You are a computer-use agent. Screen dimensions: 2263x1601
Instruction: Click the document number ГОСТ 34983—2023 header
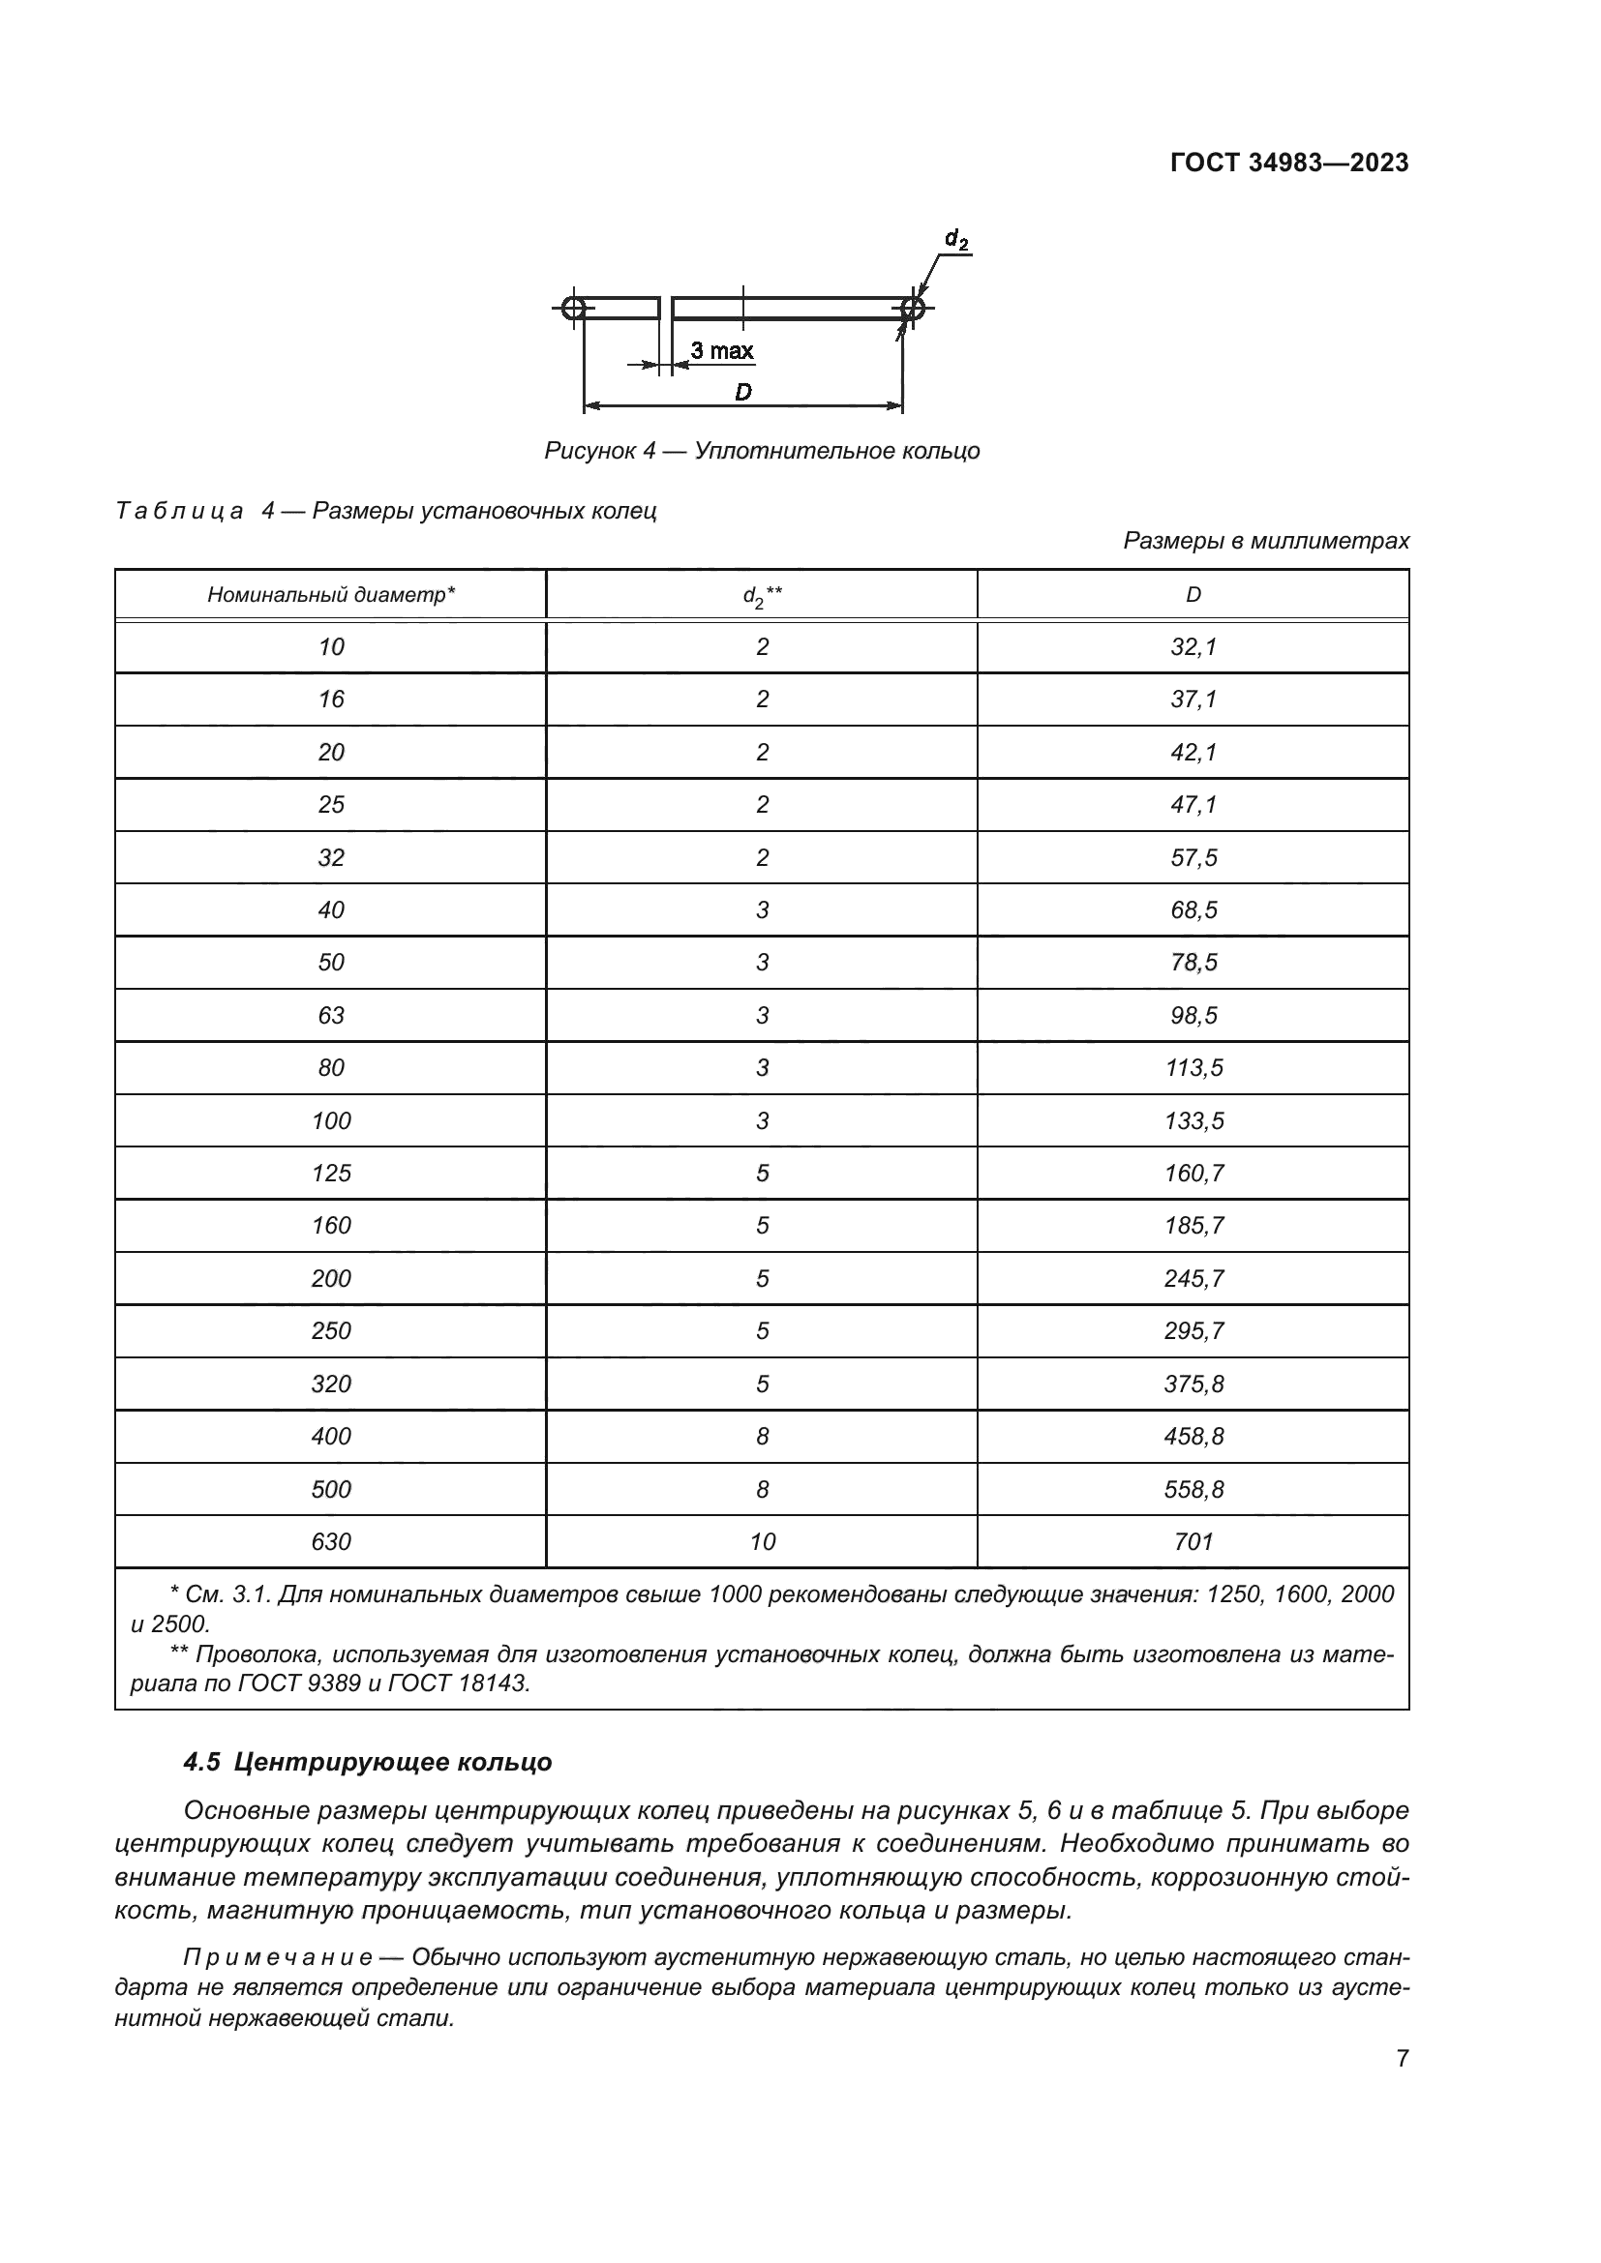[x=1288, y=163]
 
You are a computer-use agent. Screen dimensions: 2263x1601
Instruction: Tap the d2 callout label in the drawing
[x=955, y=239]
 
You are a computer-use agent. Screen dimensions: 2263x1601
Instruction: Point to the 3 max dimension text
[x=721, y=351]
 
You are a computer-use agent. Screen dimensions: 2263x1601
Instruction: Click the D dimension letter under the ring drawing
[x=742, y=392]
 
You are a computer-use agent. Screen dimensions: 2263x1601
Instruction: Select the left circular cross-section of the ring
[x=573, y=309]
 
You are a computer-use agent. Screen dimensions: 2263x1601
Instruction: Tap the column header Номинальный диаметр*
[x=330, y=594]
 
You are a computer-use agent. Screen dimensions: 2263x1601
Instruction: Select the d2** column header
[x=761, y=595]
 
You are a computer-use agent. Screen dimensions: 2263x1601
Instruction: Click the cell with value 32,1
[x=1193, y=647]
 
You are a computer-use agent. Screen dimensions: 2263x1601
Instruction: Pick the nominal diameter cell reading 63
[x=330, y=1015]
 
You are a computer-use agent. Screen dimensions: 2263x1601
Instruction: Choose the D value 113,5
[x=1193, y=1068]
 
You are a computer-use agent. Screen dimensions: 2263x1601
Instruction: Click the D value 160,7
[x=1193, y=1173]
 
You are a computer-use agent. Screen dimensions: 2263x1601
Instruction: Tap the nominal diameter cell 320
[x=330, y=1384]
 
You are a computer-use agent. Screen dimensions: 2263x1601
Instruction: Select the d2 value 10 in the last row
[x=762, y=1541]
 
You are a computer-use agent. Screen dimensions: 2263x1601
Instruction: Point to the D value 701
[x=1193, y=1541]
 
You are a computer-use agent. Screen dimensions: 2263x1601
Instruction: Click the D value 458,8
[x=1193, y=1436]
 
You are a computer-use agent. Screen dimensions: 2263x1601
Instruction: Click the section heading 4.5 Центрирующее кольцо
[x=368, y=1762]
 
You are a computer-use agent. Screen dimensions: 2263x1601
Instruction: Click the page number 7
[x=1402, y=2058]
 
